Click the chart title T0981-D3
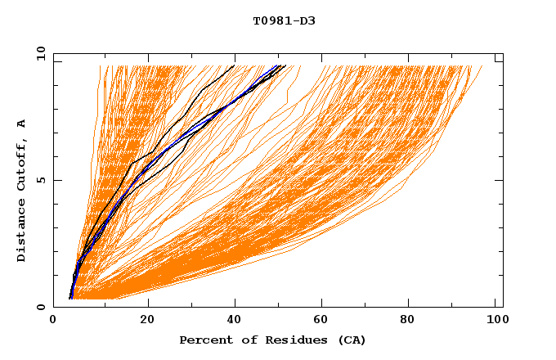(x=284, y=20)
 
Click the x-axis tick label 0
(x=53, y=320)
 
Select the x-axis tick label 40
(x=235, y=320)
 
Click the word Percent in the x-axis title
(x=204, y=340)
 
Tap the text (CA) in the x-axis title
(x=352, y=340)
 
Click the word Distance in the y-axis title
(x=21, y=231)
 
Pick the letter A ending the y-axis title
(x=21, y=124)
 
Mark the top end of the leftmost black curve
(x=235, y=65)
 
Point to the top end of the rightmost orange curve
(x=482, y=66)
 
